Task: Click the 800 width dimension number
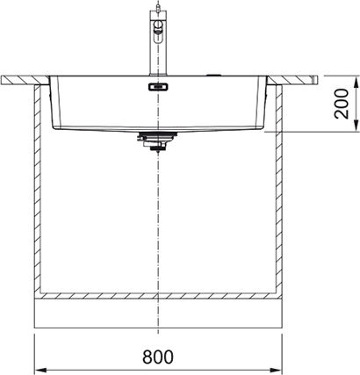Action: coord(158,357)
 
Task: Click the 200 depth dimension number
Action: coord(342,104)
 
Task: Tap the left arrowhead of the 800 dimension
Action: coord(41,370)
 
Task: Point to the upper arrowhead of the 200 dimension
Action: coord(356,83)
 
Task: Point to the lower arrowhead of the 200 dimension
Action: coord(356,125)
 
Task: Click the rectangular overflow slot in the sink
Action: coord(158,87)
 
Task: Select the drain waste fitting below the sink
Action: coord(158,141)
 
